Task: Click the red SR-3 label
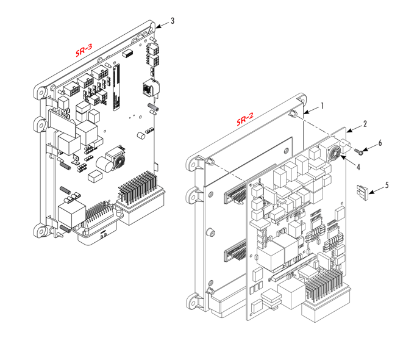(84, 49)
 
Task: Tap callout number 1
(322, 106)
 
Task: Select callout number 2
(365, 124)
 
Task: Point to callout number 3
(173, 21)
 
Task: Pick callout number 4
(358, 166)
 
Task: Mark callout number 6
(380, 143)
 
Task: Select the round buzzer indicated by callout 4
(334, 154)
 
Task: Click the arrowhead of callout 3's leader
(157, 26)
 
